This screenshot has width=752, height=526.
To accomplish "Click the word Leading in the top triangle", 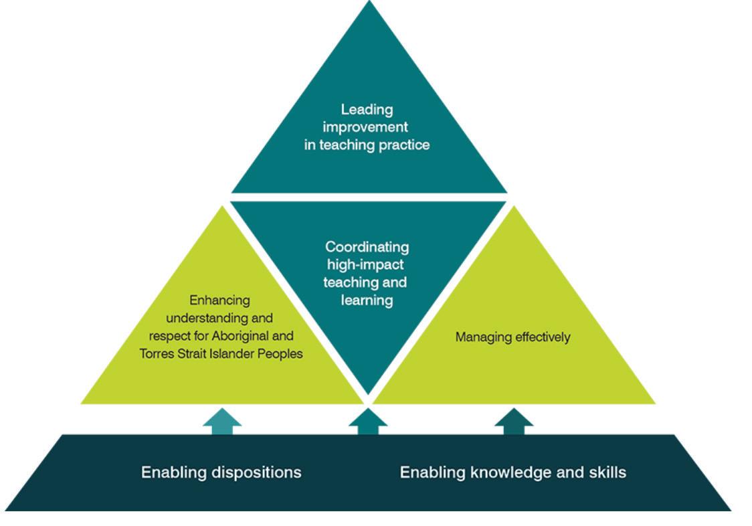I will click(366, 109).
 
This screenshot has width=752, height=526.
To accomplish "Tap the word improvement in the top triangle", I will click(366, 126).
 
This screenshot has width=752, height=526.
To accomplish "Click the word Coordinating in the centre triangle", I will click(367, 248).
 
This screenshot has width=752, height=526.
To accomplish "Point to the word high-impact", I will click(365, 265).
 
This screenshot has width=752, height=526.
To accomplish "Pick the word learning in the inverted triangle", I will click(366, 300).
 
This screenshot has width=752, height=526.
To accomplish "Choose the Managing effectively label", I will click(512, 337).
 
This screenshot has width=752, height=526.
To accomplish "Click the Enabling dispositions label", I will click(221, 472).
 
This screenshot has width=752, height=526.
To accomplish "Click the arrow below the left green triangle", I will click(222, 422).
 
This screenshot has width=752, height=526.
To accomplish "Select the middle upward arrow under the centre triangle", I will click(367, 422).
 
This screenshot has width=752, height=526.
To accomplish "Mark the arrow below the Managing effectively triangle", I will click(513, 422).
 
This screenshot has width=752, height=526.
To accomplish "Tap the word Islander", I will click(229, 353).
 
